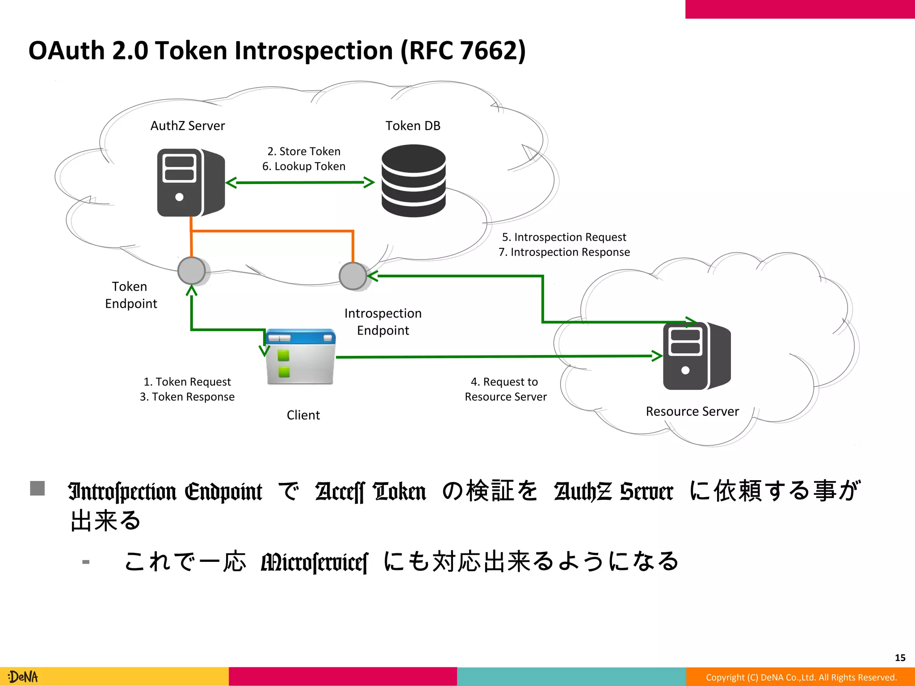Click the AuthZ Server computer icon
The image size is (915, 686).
pos(191,183)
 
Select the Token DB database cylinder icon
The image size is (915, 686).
pos(413,181)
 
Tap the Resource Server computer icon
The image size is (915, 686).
pos(697,356)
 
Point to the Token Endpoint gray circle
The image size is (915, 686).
pos(192,271)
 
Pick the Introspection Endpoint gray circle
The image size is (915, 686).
pos(353,276)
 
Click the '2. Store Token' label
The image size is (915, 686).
pos(304,151)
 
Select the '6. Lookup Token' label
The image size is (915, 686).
pos(304,167)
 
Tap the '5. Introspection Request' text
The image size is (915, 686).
pos(564,237)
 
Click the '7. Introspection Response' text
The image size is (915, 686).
pos(564,252)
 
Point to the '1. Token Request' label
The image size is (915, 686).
pos(187,382)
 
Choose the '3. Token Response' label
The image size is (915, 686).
pos(187,397)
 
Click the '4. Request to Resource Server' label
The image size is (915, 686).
pos(505,389)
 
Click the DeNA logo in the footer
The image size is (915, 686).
pos(23,677)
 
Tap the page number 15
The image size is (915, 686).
pos(900,658)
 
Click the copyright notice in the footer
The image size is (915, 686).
pos(801,678)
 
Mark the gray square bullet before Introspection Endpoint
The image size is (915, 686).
pos(38,488)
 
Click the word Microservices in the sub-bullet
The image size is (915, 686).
pos(315,562)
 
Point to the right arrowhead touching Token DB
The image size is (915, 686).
pos(369,182)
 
